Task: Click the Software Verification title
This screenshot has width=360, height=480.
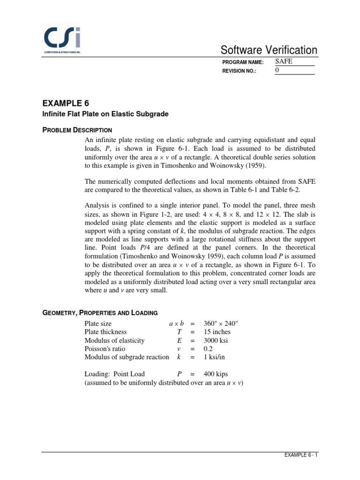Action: coord(269,50)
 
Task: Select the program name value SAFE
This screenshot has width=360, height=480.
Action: coord(283,61)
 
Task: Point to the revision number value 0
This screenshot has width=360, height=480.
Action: coord(277,70)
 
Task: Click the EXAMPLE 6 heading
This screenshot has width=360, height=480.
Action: coord(65,103)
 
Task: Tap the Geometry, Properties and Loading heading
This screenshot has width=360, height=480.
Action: coord(100,313)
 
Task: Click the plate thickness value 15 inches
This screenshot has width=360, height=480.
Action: coord(217,332)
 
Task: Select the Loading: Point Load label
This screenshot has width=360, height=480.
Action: coord(114,374)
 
